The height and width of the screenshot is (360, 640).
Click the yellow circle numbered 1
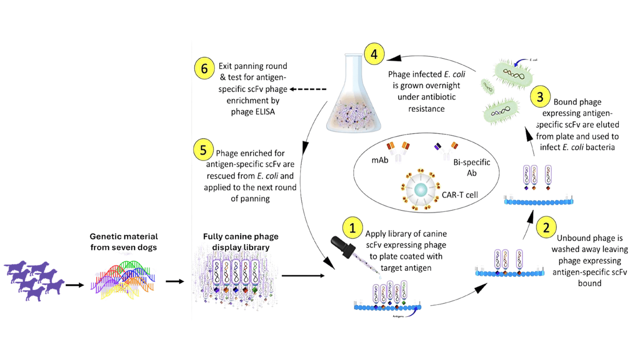tap(352, 228)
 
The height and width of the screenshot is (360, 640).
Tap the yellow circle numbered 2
tap(546, 227)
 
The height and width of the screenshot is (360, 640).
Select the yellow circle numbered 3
tap(540, 97)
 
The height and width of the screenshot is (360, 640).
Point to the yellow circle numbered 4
tap(374, 54)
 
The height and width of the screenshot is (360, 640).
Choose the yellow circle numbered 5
tap(203, 150)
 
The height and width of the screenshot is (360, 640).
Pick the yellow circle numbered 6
tap(205, 68)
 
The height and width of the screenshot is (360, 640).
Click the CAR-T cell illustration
tap(420, 190)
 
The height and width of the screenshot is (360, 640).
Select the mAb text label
tap(380, 160)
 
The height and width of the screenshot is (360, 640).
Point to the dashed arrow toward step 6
tap(308, 89)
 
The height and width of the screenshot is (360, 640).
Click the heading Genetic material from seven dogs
tap(124, 242)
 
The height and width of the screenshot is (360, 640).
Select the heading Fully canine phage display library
tap(241, 242)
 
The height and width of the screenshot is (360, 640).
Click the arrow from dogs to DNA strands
tap(75, 285)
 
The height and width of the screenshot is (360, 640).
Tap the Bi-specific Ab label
tap(472, 167)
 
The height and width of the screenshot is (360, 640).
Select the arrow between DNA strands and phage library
tap(175, 281)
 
